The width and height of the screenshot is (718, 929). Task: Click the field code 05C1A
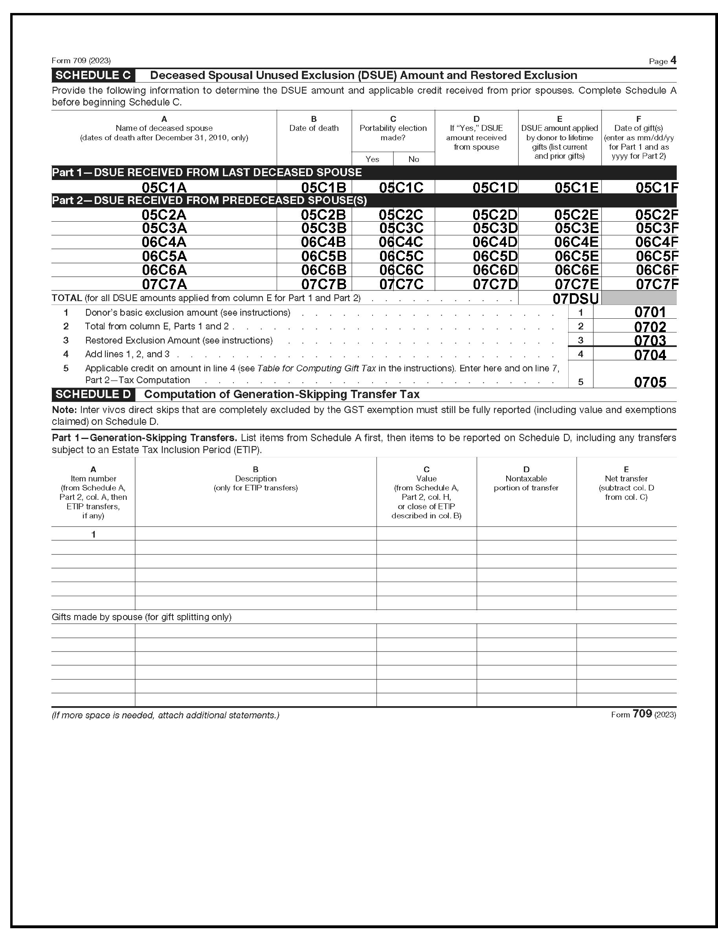pos(164,187)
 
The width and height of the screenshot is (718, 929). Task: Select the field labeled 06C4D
pos(495,242)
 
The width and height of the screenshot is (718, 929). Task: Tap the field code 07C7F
pos(657,284)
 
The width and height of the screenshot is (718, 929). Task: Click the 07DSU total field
pos(575,299)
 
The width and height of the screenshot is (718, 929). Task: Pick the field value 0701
pos(650,312)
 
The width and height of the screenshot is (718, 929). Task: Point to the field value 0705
pos(650,382)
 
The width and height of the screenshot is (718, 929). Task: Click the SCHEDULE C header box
pos(93,75)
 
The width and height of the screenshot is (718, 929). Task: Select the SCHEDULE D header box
pos(93,394)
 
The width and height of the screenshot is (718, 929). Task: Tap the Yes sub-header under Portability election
pos(372,159)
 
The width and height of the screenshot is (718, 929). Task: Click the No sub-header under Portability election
pos(413,159)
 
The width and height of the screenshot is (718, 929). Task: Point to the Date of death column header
pos(314,128)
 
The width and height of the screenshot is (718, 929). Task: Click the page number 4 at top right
pos(673,61)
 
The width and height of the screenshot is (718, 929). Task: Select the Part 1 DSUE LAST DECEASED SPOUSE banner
pos(207,172)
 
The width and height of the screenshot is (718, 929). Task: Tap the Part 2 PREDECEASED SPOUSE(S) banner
pos(209,200)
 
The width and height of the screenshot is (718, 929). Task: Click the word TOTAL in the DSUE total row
pos(67,298)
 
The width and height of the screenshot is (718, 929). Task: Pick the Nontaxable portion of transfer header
pos(526,483)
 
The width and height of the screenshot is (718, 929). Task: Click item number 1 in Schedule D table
pos(93,534)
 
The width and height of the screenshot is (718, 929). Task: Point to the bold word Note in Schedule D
pos(64,409)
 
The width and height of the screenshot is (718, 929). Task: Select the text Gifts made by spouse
pos(97,617)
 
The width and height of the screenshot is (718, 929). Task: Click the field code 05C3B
pos(323,228)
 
